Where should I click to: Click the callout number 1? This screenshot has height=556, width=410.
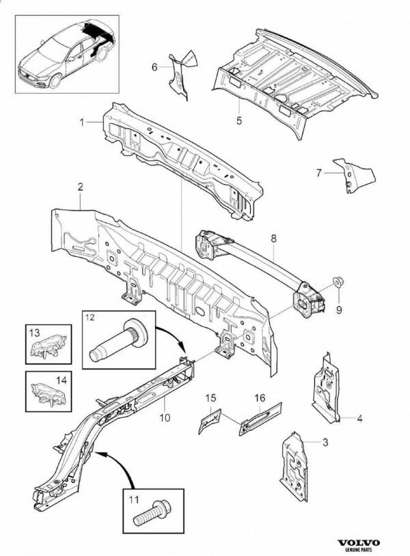[x=81, y=122]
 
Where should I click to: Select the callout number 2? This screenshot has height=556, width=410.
[x=81, y=187]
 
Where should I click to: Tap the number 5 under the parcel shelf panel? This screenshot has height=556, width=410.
[x=239, y=120]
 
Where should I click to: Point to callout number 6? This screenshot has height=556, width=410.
[x=154, y=67]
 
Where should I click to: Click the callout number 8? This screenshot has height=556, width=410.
[x=273, y=238]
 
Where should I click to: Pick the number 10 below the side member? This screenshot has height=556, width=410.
[x=165, y=417]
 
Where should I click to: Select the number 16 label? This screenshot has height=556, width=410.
[x=260, y=398]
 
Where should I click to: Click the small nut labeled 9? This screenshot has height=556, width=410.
[x=339, y=283]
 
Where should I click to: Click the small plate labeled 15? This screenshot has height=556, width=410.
[x=209, y=421]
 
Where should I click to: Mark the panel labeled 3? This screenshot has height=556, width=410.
[x=295, y=467]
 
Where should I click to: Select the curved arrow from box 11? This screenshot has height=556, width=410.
[x=117, y=462]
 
